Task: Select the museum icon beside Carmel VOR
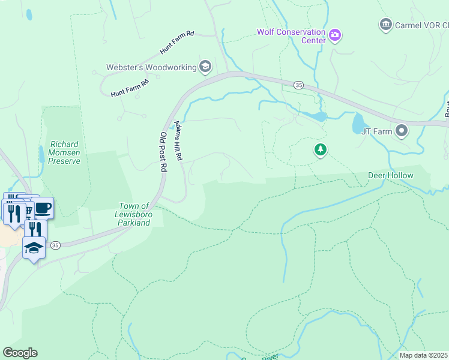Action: pyautogui.click(x=386, y=25)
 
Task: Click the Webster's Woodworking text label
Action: pyautogui.click(x=151, y=67)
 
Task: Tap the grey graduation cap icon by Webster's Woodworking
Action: pyautogui.click(x=205, y=67)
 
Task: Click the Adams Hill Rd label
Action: pyautogui.click(x=178, y=140)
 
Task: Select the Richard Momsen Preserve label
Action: pyautogui.click(x=65, y=152)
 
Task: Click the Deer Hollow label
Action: pyautogui.click(x=390, y=175)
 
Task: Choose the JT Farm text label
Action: pyautogui.click(x=376, y=131)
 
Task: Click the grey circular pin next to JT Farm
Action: pyautogui.click(x=402, y=130)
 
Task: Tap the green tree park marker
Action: pyautogui.click(x=321, y=149)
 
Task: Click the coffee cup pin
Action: pyautogui.click(x=43, y=208)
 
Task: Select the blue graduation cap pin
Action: pyautogui.click(x=34, y=247)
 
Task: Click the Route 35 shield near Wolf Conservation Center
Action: pyautogui.click(x=299, y=85)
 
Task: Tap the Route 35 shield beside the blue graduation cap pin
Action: pyautogui.click(x=55, y=245)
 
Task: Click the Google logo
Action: pyautogui.click(x=20, y=352)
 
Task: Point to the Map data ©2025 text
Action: pyautogui.click(x=423, y=355)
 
